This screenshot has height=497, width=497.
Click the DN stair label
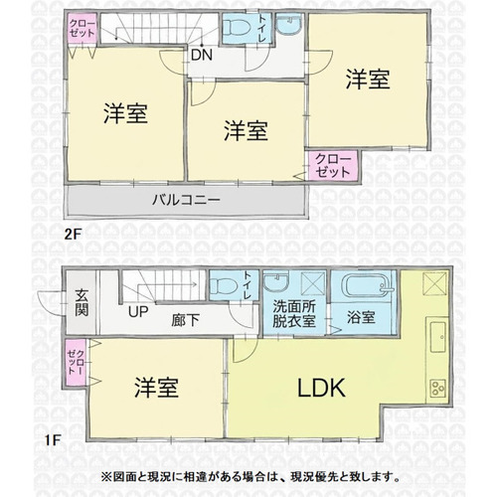(x=202, y=55)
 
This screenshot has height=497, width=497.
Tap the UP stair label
(x=138, y=312)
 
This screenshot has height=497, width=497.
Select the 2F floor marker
(x=73, y=235)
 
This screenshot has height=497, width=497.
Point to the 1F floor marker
(x=53, y=440)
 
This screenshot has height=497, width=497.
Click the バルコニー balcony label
(x=186, y=200)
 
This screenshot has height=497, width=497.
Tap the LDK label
(x=321, y=388)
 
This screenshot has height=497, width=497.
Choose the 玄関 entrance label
(x=82, y=302)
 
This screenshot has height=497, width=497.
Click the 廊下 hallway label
(x=185, y=320)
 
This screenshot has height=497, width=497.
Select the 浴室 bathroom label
(x=361, y=317)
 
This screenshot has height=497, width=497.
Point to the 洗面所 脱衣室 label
(x=294, y=314)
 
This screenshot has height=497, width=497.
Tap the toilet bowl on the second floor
(x=237, y=27)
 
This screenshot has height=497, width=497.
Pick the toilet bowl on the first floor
(x=223, y=285)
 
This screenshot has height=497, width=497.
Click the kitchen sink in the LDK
(x=437, y=337)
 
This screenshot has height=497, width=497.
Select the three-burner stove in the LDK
(x=437, y=388)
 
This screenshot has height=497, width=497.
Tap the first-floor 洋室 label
(x=156, y=388)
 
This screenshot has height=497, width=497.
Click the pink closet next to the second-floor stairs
(x=83, y=28)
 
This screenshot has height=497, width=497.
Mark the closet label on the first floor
(x=76, y=362)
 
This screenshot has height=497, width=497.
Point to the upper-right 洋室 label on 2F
(x=368, y=80)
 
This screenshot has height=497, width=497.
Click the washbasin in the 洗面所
(x=276, y=281)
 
